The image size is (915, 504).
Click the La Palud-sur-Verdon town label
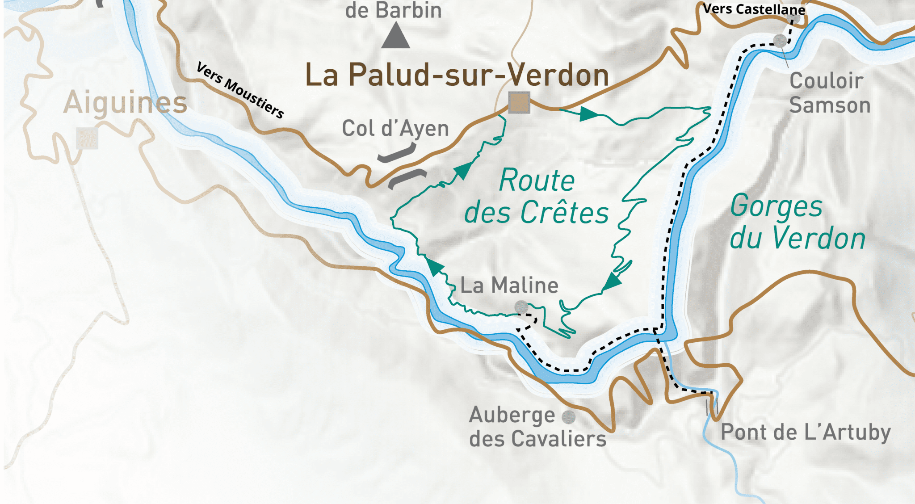tap(457, 75)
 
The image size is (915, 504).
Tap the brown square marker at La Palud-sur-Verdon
tap(519, 103)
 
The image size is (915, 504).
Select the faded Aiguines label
tap(125, 103)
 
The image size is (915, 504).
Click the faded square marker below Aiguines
tap(87, 138)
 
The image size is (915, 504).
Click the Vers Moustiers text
tap(240, 90)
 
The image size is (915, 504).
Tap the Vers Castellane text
tap(754, 9)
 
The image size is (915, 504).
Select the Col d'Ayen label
tap(395, 129)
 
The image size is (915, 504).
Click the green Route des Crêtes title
tap(536, 197)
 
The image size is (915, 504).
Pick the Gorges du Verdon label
tap(797, 222)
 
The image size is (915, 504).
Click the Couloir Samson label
tap(830, 93)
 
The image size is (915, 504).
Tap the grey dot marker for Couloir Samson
tap(780, 41)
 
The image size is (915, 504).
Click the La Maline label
tap(509, 286)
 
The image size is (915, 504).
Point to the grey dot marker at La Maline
tap(521, 307)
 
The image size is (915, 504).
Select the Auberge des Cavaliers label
tap(537, 427)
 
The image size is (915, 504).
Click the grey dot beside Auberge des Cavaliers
tap(568, 417)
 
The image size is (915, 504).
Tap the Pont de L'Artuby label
tap(806, 433)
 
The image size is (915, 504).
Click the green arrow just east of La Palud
tap(588, 114)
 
